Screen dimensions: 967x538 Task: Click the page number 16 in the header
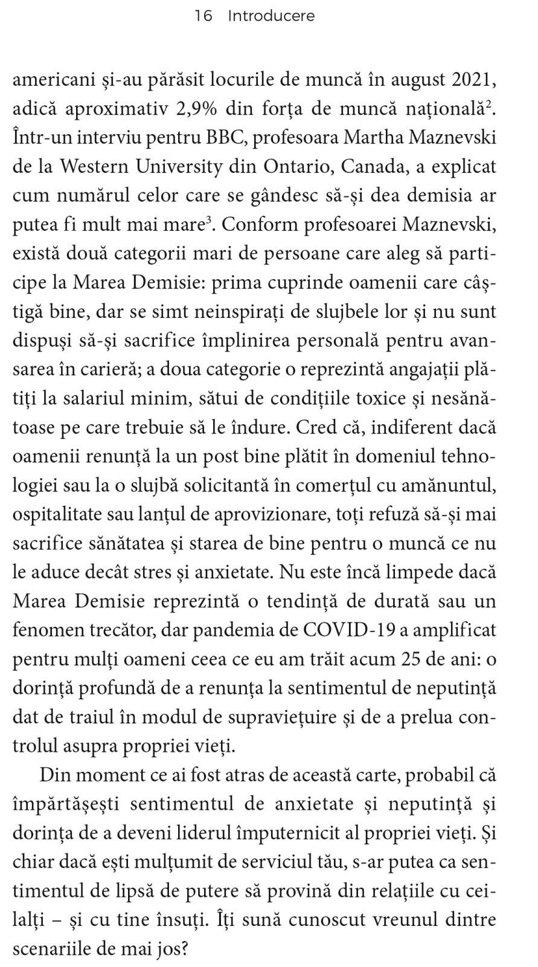[203, 16]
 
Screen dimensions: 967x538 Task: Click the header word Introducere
[271, 16]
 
